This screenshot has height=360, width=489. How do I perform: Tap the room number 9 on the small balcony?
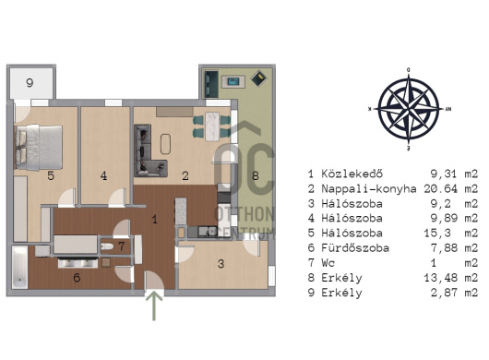[30, 83]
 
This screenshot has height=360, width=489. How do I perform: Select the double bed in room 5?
[39, 148]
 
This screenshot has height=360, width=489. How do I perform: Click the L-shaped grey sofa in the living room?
[147, 150]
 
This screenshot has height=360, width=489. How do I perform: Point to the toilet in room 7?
[107, 246]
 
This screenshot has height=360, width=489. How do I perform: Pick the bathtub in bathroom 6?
[20, 268]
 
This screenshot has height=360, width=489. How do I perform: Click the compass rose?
[409, 109]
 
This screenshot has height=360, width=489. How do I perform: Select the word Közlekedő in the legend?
[352, 174]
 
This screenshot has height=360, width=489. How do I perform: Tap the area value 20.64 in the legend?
[440, 188]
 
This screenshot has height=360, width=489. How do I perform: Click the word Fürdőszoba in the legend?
[355, 248]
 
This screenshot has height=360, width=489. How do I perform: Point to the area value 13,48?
[440, 278]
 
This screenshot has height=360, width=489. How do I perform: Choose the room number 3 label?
[221, 264]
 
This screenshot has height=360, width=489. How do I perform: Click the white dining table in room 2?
[213, 126]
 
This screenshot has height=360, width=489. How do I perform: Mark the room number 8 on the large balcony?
[256, 176]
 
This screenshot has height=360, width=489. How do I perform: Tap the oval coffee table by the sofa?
[165, 144]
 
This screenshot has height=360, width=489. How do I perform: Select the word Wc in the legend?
[328, 263]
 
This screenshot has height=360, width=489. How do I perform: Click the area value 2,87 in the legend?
[444, 293]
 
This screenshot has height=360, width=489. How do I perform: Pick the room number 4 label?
[103, 176]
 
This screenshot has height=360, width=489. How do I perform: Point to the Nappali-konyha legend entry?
[369, 188]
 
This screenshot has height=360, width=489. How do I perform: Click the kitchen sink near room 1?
[209, 231]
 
